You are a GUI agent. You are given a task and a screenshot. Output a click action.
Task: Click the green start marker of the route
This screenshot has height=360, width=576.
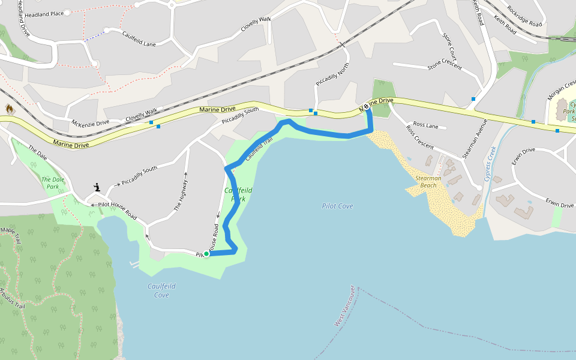(206, 254)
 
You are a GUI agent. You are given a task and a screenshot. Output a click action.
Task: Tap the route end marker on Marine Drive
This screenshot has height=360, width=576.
(366, 107)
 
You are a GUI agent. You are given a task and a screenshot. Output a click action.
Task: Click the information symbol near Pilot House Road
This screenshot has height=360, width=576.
(97, 188)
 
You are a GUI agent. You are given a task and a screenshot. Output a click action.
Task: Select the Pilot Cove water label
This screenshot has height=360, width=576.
(337, 206)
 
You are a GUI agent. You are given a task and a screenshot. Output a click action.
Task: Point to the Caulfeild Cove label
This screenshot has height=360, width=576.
(161, 290)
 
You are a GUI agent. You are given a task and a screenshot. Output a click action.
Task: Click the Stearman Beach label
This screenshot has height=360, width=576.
(428, 182)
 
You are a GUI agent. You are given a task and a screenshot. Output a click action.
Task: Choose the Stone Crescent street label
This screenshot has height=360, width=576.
(445, 64)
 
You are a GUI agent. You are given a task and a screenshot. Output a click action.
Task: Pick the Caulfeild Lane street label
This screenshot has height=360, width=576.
(139, 38)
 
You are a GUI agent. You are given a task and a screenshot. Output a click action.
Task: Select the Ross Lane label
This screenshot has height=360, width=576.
(426, 125)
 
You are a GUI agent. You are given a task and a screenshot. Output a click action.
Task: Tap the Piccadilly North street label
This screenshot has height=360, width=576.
(332, 77)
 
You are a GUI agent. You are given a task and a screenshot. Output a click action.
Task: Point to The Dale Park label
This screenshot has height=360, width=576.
(53, 183)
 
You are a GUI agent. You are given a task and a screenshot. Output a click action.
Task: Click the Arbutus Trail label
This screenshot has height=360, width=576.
(12, 298)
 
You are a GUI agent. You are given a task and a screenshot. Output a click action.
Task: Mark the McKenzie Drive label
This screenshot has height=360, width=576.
(91, 122)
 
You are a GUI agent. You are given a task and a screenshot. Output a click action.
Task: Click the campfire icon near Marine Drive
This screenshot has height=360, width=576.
(10, 109)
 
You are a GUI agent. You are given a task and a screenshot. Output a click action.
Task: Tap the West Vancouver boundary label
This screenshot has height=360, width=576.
(344, 307)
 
